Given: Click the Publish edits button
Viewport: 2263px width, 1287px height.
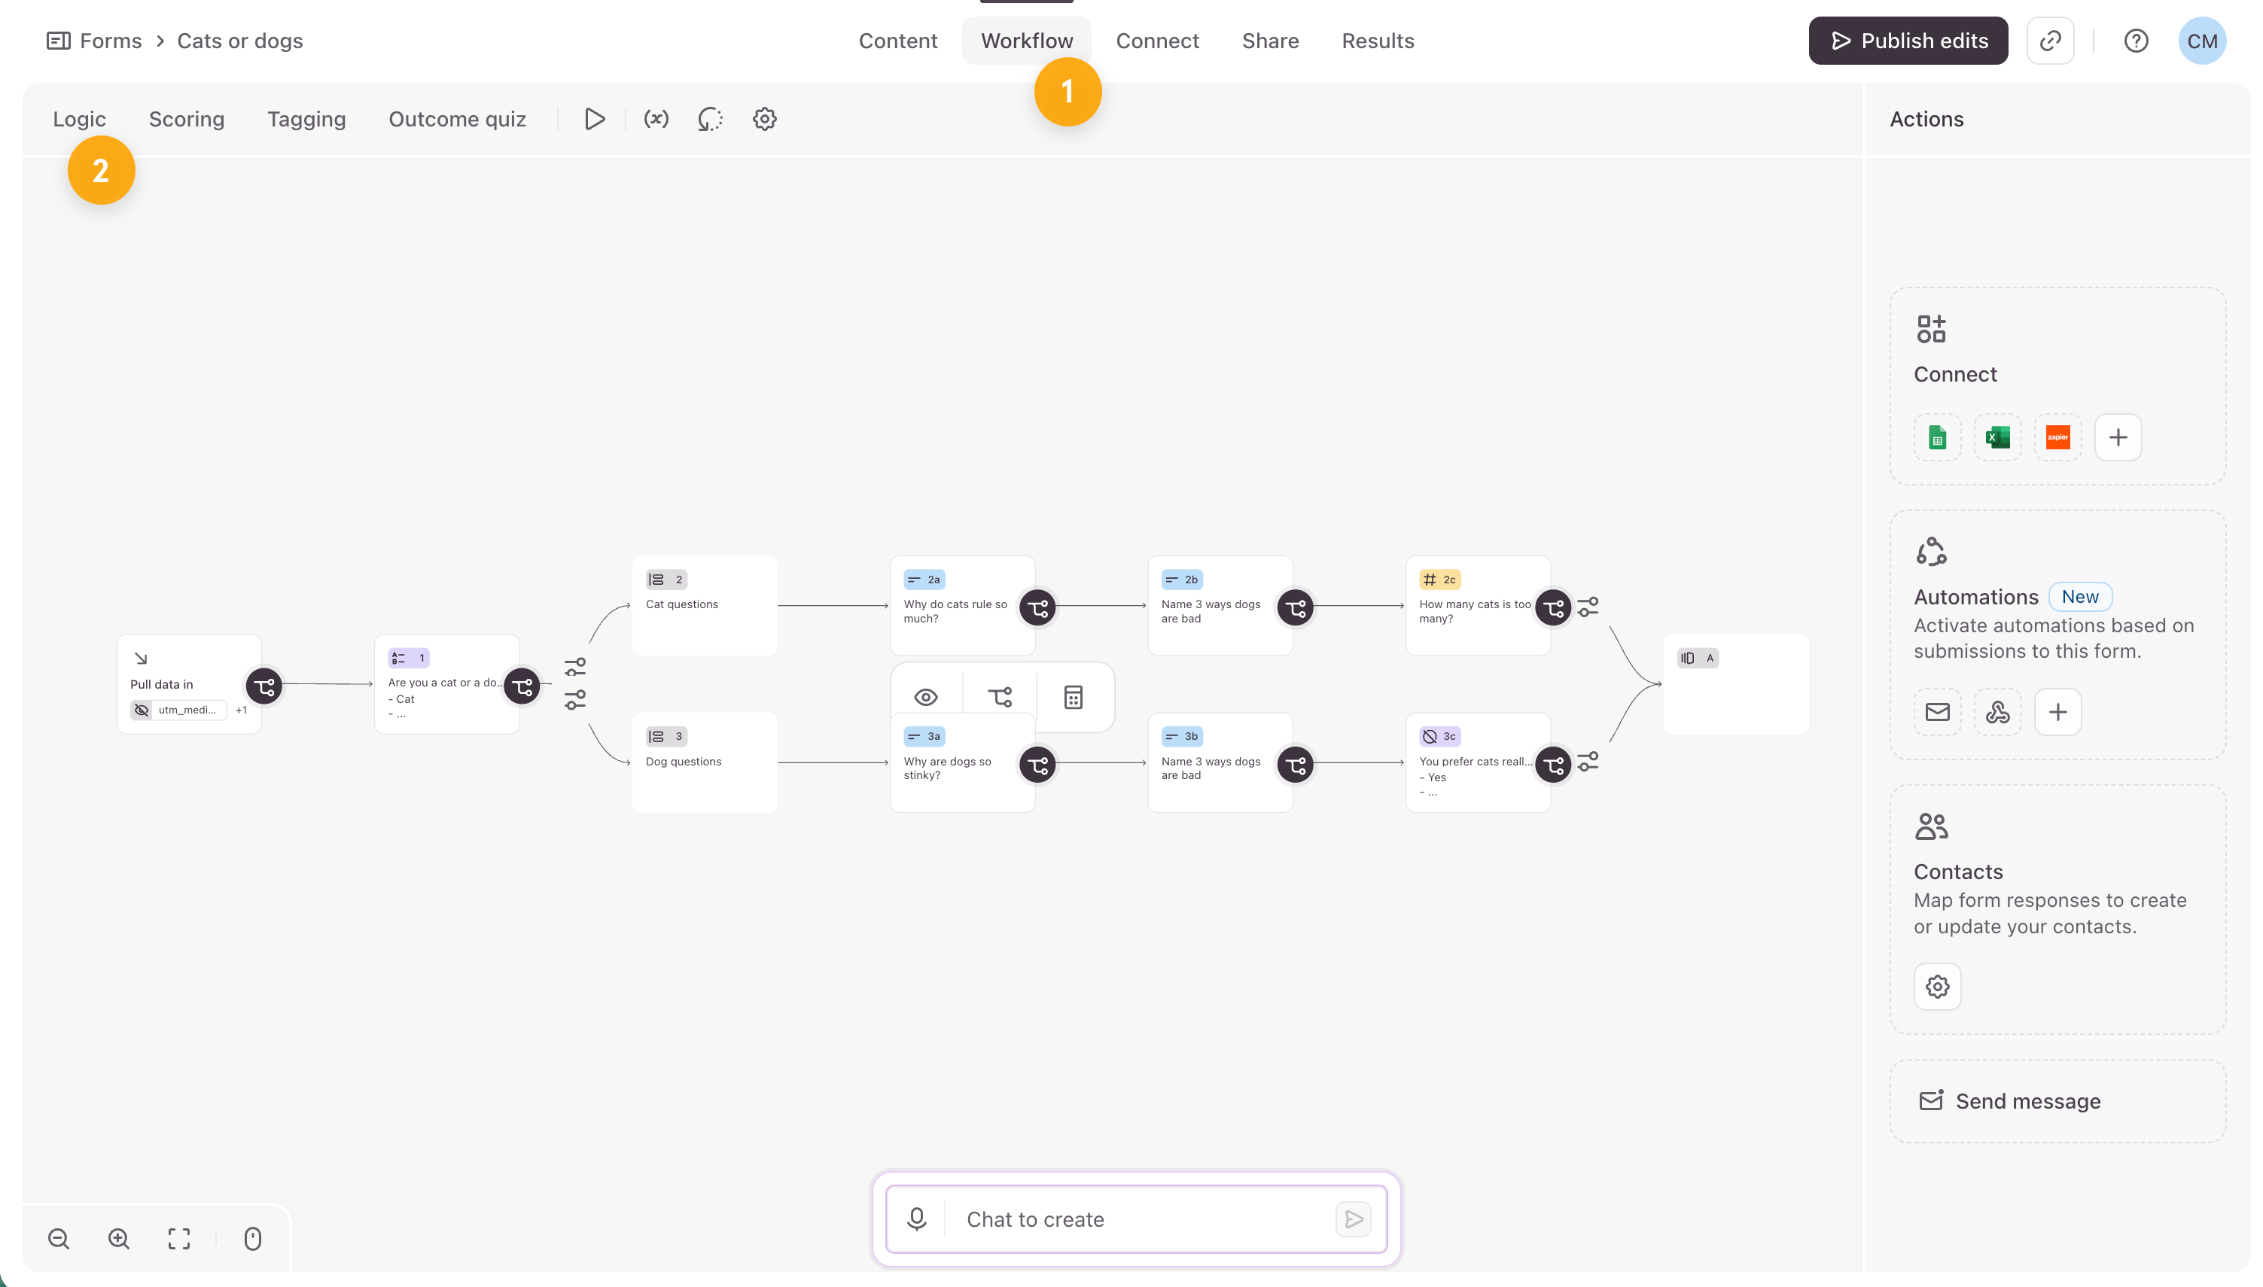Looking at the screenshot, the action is click(1908, 41).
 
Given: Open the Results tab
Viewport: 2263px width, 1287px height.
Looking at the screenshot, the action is click(1377, 41).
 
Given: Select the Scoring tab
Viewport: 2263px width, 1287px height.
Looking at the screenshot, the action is click(187, 120).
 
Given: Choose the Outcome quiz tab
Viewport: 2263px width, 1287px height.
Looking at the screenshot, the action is click(457, 120).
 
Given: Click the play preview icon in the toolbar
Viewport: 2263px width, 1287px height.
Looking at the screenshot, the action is click(595, 120).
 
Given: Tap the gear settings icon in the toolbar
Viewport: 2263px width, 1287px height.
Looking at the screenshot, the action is click(765, 120).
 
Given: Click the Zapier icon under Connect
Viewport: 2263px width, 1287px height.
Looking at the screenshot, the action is click(2058, 437).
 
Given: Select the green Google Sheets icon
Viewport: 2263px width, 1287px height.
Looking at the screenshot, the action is click(1938, 437).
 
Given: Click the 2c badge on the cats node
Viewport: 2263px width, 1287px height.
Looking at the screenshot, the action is click(1439, 580).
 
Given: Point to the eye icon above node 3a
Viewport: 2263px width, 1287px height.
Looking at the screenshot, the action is click(925, 698).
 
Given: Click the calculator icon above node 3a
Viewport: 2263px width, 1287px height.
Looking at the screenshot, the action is click(1074, 698).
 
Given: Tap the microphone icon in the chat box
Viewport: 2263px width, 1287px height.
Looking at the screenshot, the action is click(917, 1219).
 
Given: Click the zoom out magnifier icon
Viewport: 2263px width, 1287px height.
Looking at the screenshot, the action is click(59, 1238).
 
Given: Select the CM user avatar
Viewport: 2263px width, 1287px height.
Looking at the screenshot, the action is click(2201, 41).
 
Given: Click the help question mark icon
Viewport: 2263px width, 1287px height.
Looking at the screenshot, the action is click(2136, 41).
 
